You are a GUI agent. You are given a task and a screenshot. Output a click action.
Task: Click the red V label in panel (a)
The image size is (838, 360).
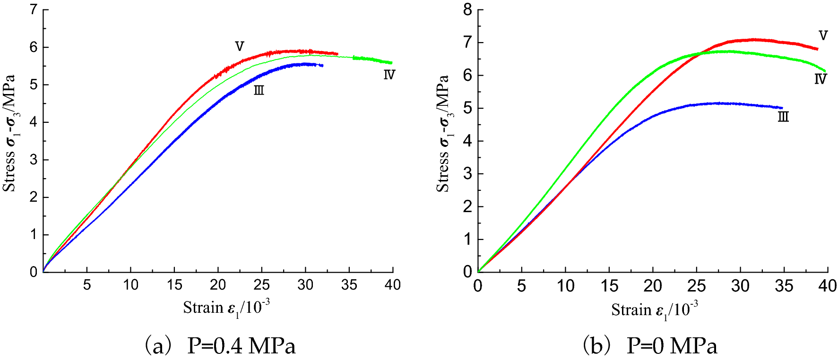pos(240,46)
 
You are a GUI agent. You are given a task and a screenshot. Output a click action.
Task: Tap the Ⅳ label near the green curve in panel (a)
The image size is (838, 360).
pos(389,75)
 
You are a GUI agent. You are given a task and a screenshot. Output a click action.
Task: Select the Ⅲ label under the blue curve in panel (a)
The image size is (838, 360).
pos(259,90)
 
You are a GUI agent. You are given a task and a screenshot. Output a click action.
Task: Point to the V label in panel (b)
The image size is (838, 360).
pos(823,35)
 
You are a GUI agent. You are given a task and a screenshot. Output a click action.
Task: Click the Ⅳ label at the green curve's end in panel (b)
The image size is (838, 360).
pos(821,79)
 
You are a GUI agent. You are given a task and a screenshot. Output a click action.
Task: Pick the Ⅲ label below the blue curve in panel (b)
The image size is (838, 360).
pos(783,117)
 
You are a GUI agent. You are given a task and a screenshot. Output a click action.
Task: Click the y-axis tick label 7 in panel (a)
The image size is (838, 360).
pos(34,9)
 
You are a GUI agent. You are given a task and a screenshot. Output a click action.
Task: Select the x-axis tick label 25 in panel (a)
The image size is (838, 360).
pos(261,285)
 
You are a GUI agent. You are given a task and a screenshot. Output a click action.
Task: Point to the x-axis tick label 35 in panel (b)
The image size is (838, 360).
pos(784,286)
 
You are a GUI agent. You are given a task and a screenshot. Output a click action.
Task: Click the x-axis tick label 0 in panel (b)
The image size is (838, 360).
pos(478,286)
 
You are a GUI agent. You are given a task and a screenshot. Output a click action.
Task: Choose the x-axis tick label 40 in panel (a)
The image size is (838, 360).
pos(392,285)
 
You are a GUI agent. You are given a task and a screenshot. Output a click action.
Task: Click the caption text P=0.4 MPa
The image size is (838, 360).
pos(241,346)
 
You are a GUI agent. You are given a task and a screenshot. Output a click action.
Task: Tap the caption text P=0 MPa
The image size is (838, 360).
pos(672,346)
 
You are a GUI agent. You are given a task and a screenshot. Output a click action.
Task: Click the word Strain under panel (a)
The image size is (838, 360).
pos(203,308)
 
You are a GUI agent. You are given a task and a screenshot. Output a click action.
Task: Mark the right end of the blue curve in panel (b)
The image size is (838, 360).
pos(782,108)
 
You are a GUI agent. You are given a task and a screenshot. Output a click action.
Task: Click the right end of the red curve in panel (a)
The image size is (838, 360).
pos(337,54)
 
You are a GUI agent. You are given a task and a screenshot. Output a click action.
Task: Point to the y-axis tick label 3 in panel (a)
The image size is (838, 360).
pos(34,160)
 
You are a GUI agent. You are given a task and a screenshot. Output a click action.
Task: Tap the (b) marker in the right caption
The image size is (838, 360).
pos(596,346)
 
